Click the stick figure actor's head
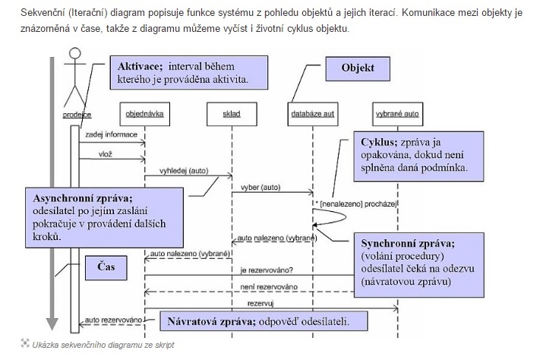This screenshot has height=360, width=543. pyautogui.click(x=74, y=55)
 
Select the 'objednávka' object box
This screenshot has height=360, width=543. pyautogui.click(x=144, y=115)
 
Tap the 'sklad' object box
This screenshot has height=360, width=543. pyautogui.click(x=231, y=115)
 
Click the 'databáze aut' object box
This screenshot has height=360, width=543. pyautogui.click(x=314, y=115)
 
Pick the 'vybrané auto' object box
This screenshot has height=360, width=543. pyautogui.click(x=397, y=115)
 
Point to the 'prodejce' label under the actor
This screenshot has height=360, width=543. pyautogui.click(x=77, y=115)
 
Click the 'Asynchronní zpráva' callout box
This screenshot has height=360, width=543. pyautogui.click(x=105, y=215)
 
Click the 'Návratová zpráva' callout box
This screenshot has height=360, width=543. pyautogui.click(x=256, y=321)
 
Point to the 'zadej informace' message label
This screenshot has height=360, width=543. pyautogui.click(x=111, y=134)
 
